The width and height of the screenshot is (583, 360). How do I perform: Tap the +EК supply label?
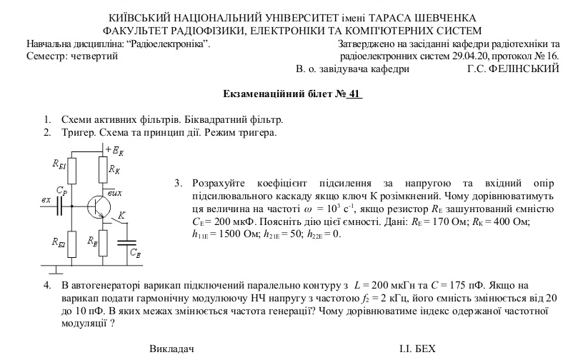point(114,150)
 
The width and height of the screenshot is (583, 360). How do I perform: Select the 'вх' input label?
point(46,199)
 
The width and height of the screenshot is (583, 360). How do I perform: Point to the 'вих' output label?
point(115,193)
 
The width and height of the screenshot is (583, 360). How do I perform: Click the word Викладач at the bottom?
point(171,349)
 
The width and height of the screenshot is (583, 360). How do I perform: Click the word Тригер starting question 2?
point(79,133)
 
